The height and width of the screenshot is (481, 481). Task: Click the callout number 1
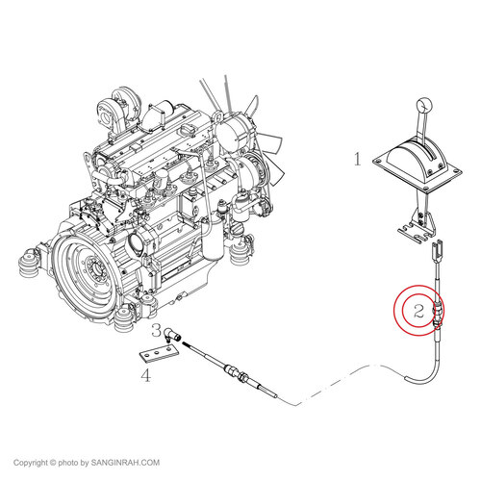click(x=358, y=159)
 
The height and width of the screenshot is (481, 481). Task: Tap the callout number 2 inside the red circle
click(x=418, y=311)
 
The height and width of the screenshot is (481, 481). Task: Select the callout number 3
click(x=157, y=330)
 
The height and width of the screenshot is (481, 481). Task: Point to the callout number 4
click(x=146, y=375)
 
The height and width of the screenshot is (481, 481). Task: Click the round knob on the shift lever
click(x=424, y=104)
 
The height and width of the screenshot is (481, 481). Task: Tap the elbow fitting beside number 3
click(x=172, y=335)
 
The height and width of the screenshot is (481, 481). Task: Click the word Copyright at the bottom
click(x=31, y=463)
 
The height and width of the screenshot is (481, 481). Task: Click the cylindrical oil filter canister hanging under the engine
click(x=212, y=235)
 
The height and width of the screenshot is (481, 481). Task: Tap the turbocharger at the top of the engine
click(x=110, y=113)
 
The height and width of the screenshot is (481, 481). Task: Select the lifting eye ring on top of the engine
click(x=219, y=116)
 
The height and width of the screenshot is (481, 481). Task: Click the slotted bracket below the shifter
click(x=415, y=233)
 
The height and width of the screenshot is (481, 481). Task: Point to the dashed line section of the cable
click(x=341, y=383)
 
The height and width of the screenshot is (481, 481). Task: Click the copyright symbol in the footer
click(x=53, y=463)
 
